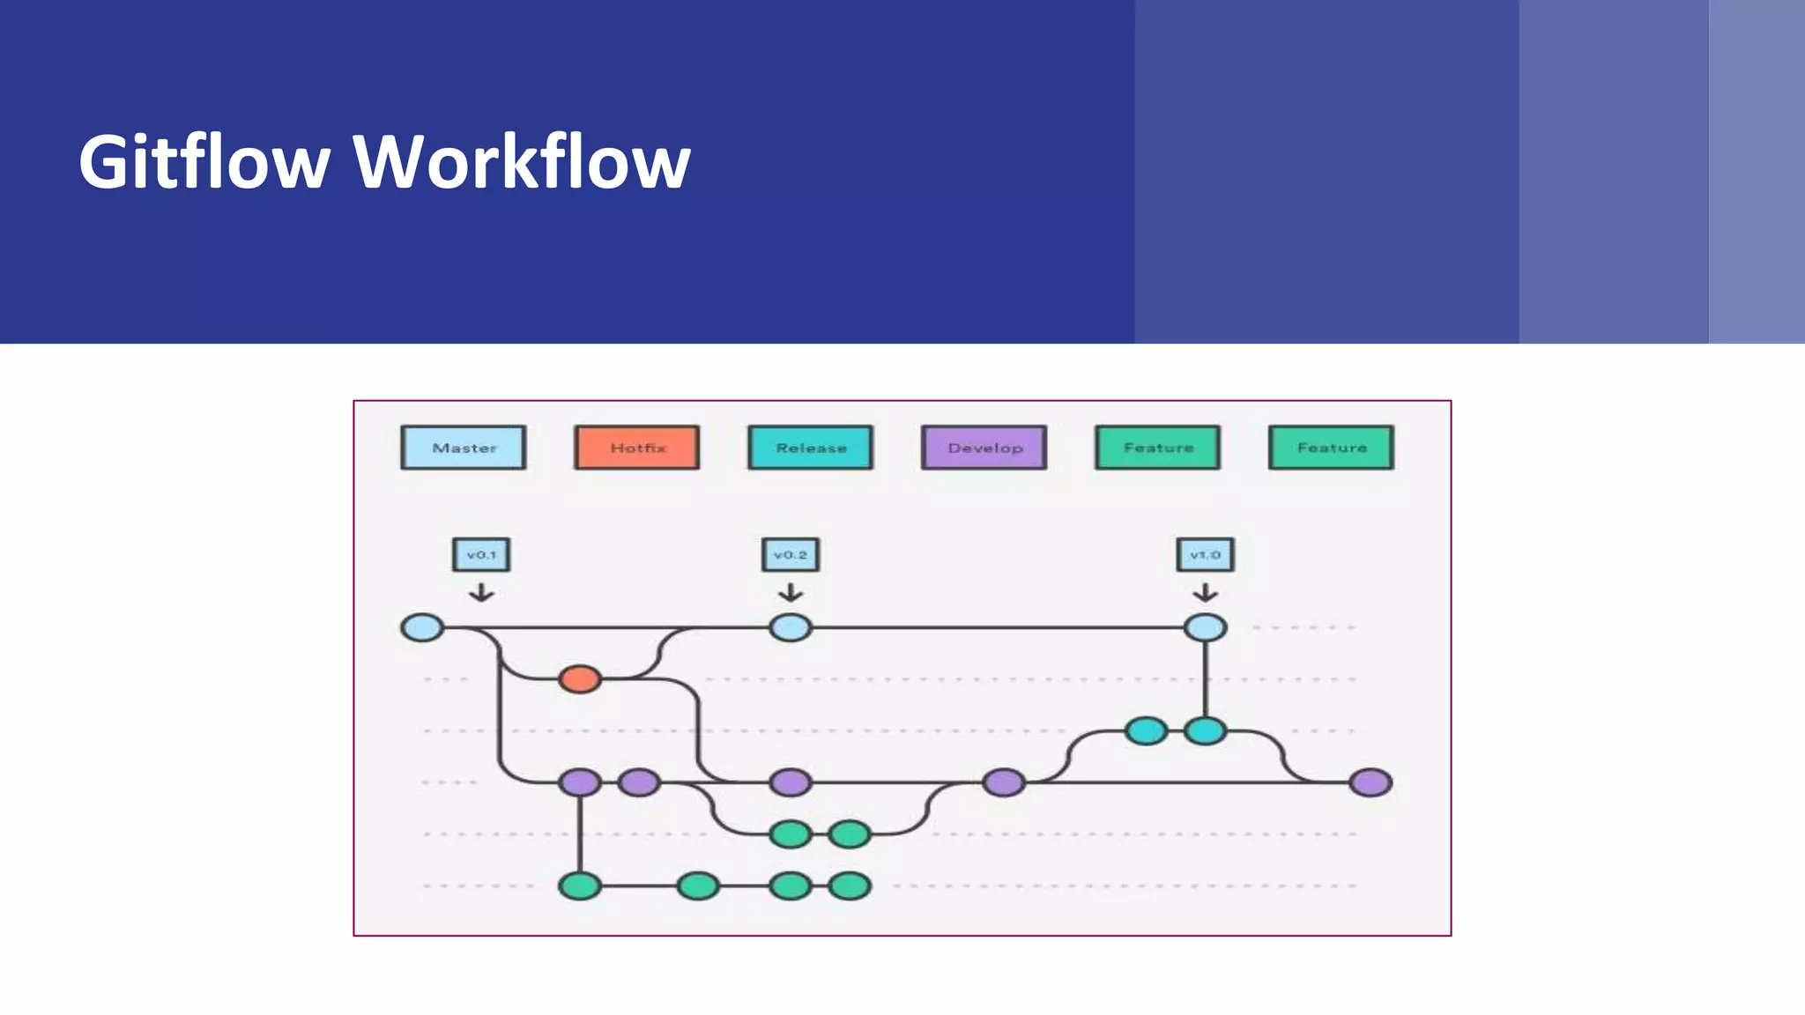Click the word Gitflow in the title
pyautogui.click(x=204, y=162)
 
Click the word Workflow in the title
pyautogui.click(x=522, y=162)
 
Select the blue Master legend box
pyautogui.click(x=464, y=448)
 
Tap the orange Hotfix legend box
pyautogui.click(x=637, y=448)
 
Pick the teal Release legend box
pyautogui.click(x=811, y=448)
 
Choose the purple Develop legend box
pyautogui.click(x=984, y=448)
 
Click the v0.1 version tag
pyautogui.click(x=481, y=555)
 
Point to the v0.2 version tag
pyautogui.click(x=791, y=555)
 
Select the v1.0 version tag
pyautogui.click(x=1206, y=555)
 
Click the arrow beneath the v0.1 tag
pyautogui.click(x=481, y=593)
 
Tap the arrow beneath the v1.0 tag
pyautogui.click(x=1206, y=593)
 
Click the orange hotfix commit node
pyautogui.click(x=580, y=679)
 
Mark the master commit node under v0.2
pyautogui.click(x=791, y=628)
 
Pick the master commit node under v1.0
pyautogui.click(x=1206, y=628)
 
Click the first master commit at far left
pyautogui.click(x=422, y=628)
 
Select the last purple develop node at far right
pyautogui.click(x=1370, y=782)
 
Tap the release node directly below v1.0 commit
pyautogui.click(x=1206, y=731)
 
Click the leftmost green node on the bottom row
pyautogui.click(x=580, y=885)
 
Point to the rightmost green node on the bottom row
pyautogui.click(x=850, y=885)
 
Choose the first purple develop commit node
pyautogui.click(x=580, y=782)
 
